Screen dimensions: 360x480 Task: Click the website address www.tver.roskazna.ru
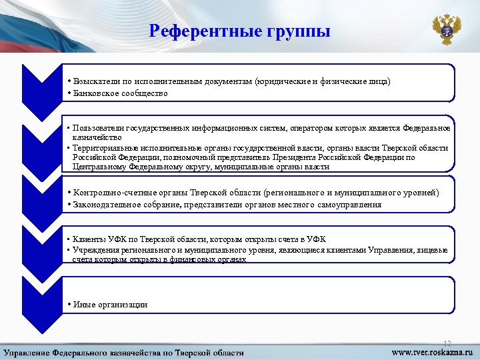coord(430,351)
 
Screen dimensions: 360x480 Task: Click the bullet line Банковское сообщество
coord(121,93)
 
